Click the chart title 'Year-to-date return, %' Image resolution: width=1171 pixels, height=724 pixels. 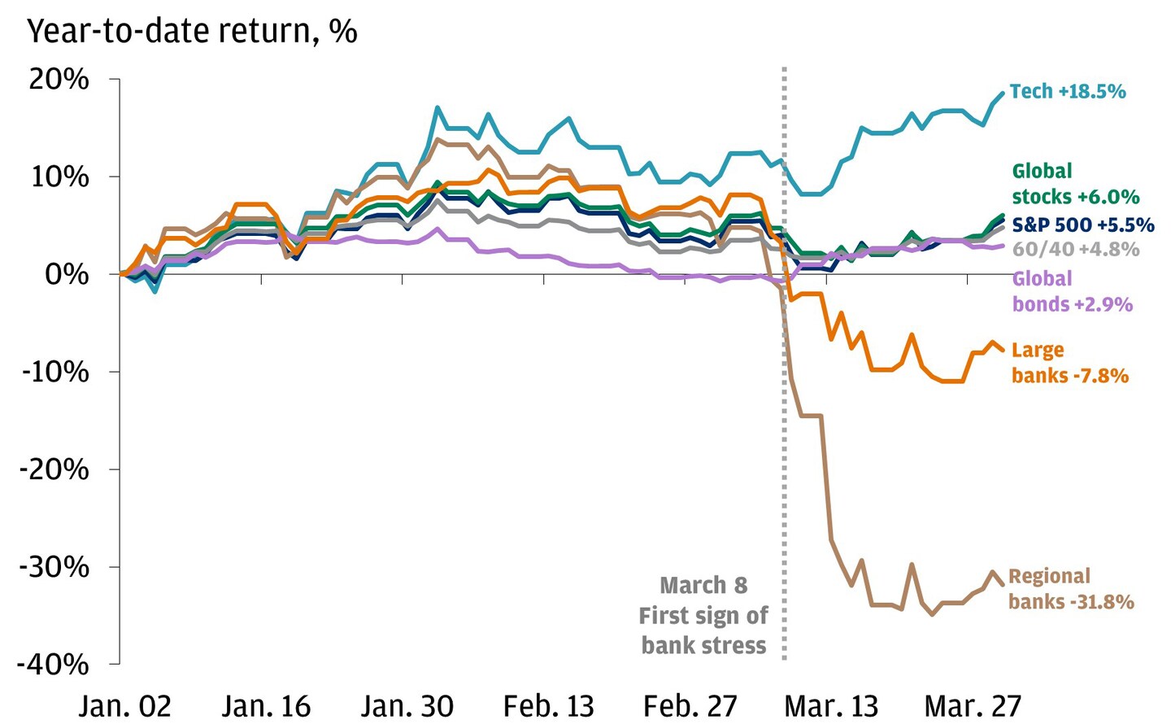(x=192, y=31)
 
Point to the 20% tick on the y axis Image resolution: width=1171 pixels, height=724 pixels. (x=59, y=79)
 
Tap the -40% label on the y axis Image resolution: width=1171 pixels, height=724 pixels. (x=54, y=664)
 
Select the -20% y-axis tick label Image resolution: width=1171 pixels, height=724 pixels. (x=54, y=469)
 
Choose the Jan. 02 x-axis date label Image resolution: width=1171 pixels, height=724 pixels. (x=125, y=705)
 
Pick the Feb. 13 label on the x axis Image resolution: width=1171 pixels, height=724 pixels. (x=548, y=705)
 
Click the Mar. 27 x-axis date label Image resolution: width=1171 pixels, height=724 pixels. (x=973, y=705)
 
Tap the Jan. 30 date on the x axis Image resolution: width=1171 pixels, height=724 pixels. (x=407, y=705)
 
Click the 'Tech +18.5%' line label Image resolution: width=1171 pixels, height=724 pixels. (x=1067, y=91)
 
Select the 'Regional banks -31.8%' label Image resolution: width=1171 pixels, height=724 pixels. (x=1070, y=589)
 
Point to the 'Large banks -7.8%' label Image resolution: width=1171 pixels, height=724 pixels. (x=1069, y=363)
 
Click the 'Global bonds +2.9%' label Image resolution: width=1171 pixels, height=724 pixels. (x=1072, y=291)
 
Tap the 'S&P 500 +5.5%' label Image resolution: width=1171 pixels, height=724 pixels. (x=1082, y=225)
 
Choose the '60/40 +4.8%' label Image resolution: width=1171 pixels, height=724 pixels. (x=1075, y=249)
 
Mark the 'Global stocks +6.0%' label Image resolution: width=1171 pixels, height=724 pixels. (x=1075, y=184)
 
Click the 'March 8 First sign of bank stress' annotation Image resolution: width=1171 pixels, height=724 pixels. (x=703, y=616)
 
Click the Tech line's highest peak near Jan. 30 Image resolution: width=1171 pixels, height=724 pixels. (x=437, y=107)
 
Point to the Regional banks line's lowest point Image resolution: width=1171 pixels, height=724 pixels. (x=932, y=614)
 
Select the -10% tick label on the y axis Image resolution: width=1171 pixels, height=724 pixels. (x=54, y=372)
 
